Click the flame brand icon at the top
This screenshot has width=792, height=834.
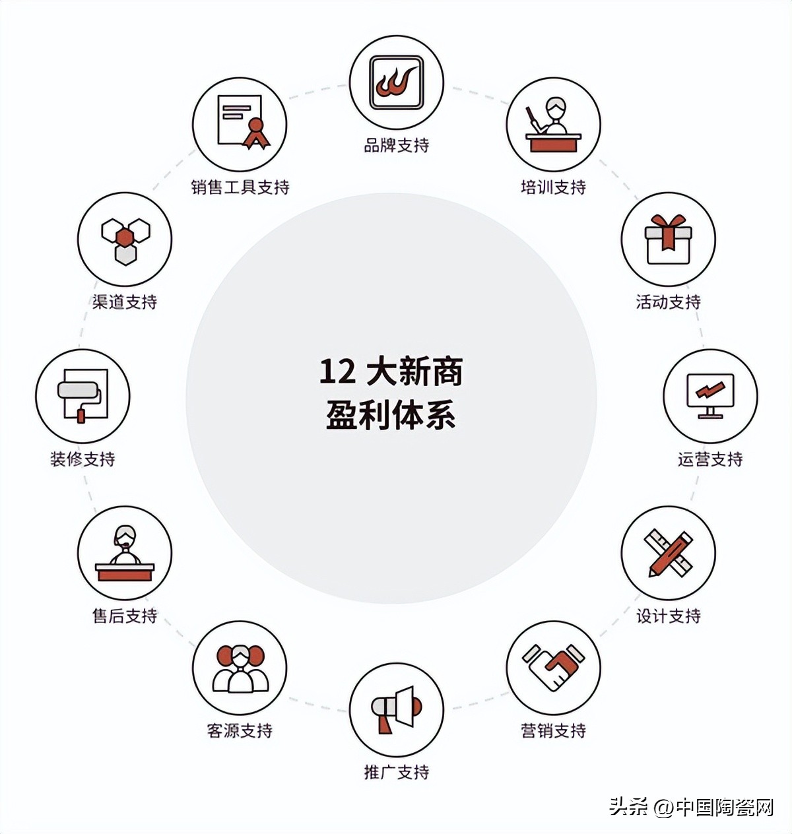point(396,83)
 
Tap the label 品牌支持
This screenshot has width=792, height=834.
point(396,145)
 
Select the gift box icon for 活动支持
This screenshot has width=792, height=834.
point(668,239)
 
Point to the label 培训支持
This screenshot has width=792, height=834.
point(553,187)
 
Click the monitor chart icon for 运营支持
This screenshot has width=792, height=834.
point(710,396)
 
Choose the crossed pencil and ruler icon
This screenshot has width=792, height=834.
point(668,553)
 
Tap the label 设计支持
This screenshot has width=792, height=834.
point(668,616)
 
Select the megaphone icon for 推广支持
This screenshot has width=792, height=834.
point(396,710)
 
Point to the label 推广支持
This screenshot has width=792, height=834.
point(396,772)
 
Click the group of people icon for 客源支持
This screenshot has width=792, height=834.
point(240,668)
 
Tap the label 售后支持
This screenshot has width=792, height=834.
point(124,616)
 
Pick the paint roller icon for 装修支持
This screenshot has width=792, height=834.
point(82,396)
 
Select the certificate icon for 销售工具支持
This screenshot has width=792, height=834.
point(240,124)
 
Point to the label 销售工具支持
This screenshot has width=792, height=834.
point(240,187)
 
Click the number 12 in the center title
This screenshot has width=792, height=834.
point(337,371)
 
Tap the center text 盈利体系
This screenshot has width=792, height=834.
point(391,416)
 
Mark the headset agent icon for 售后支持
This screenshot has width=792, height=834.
point(125,553)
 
